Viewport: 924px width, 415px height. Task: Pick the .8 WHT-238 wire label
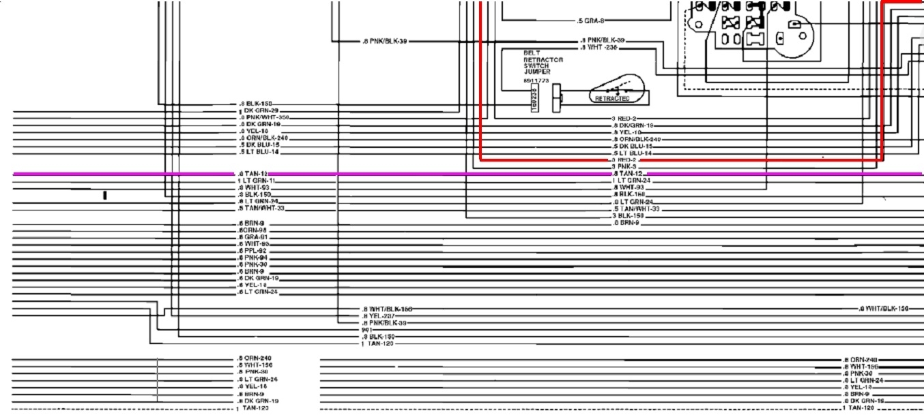[x=602, y=48]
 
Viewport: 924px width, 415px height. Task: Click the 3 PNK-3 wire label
[x=624, y=166]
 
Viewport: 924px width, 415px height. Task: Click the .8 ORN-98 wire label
[x=252, y=230]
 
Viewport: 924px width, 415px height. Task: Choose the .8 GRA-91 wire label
[x=252, y=237]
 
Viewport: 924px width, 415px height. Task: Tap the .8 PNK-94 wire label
[x=252, y=258]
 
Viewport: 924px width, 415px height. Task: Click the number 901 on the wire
[x=366, y=330]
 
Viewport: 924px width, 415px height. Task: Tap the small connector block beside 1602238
[x=556, y=95]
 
